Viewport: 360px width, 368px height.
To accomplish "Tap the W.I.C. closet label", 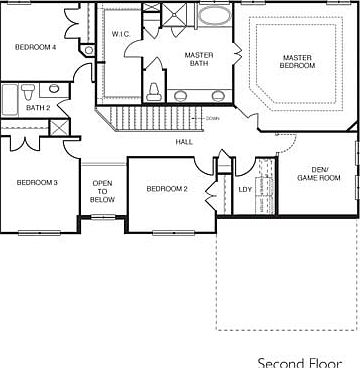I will click(121, 34).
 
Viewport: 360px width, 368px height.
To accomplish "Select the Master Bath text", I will click(198, 59).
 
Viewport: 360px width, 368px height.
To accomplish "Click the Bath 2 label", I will click(38, 108).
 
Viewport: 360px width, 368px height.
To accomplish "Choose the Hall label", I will click(184, 142).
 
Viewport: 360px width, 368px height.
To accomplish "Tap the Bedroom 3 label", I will click(37, 182).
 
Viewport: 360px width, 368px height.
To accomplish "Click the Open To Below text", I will click(102, 191).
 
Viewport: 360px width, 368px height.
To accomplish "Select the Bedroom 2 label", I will click(167, 189).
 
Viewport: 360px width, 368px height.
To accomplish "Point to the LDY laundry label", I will click(245, 189).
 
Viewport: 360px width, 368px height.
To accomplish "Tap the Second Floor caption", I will click(300, 361).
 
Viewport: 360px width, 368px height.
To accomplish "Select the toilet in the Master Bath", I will click(154, 91).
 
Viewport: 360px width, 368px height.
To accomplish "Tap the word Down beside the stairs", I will click(212, 118).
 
